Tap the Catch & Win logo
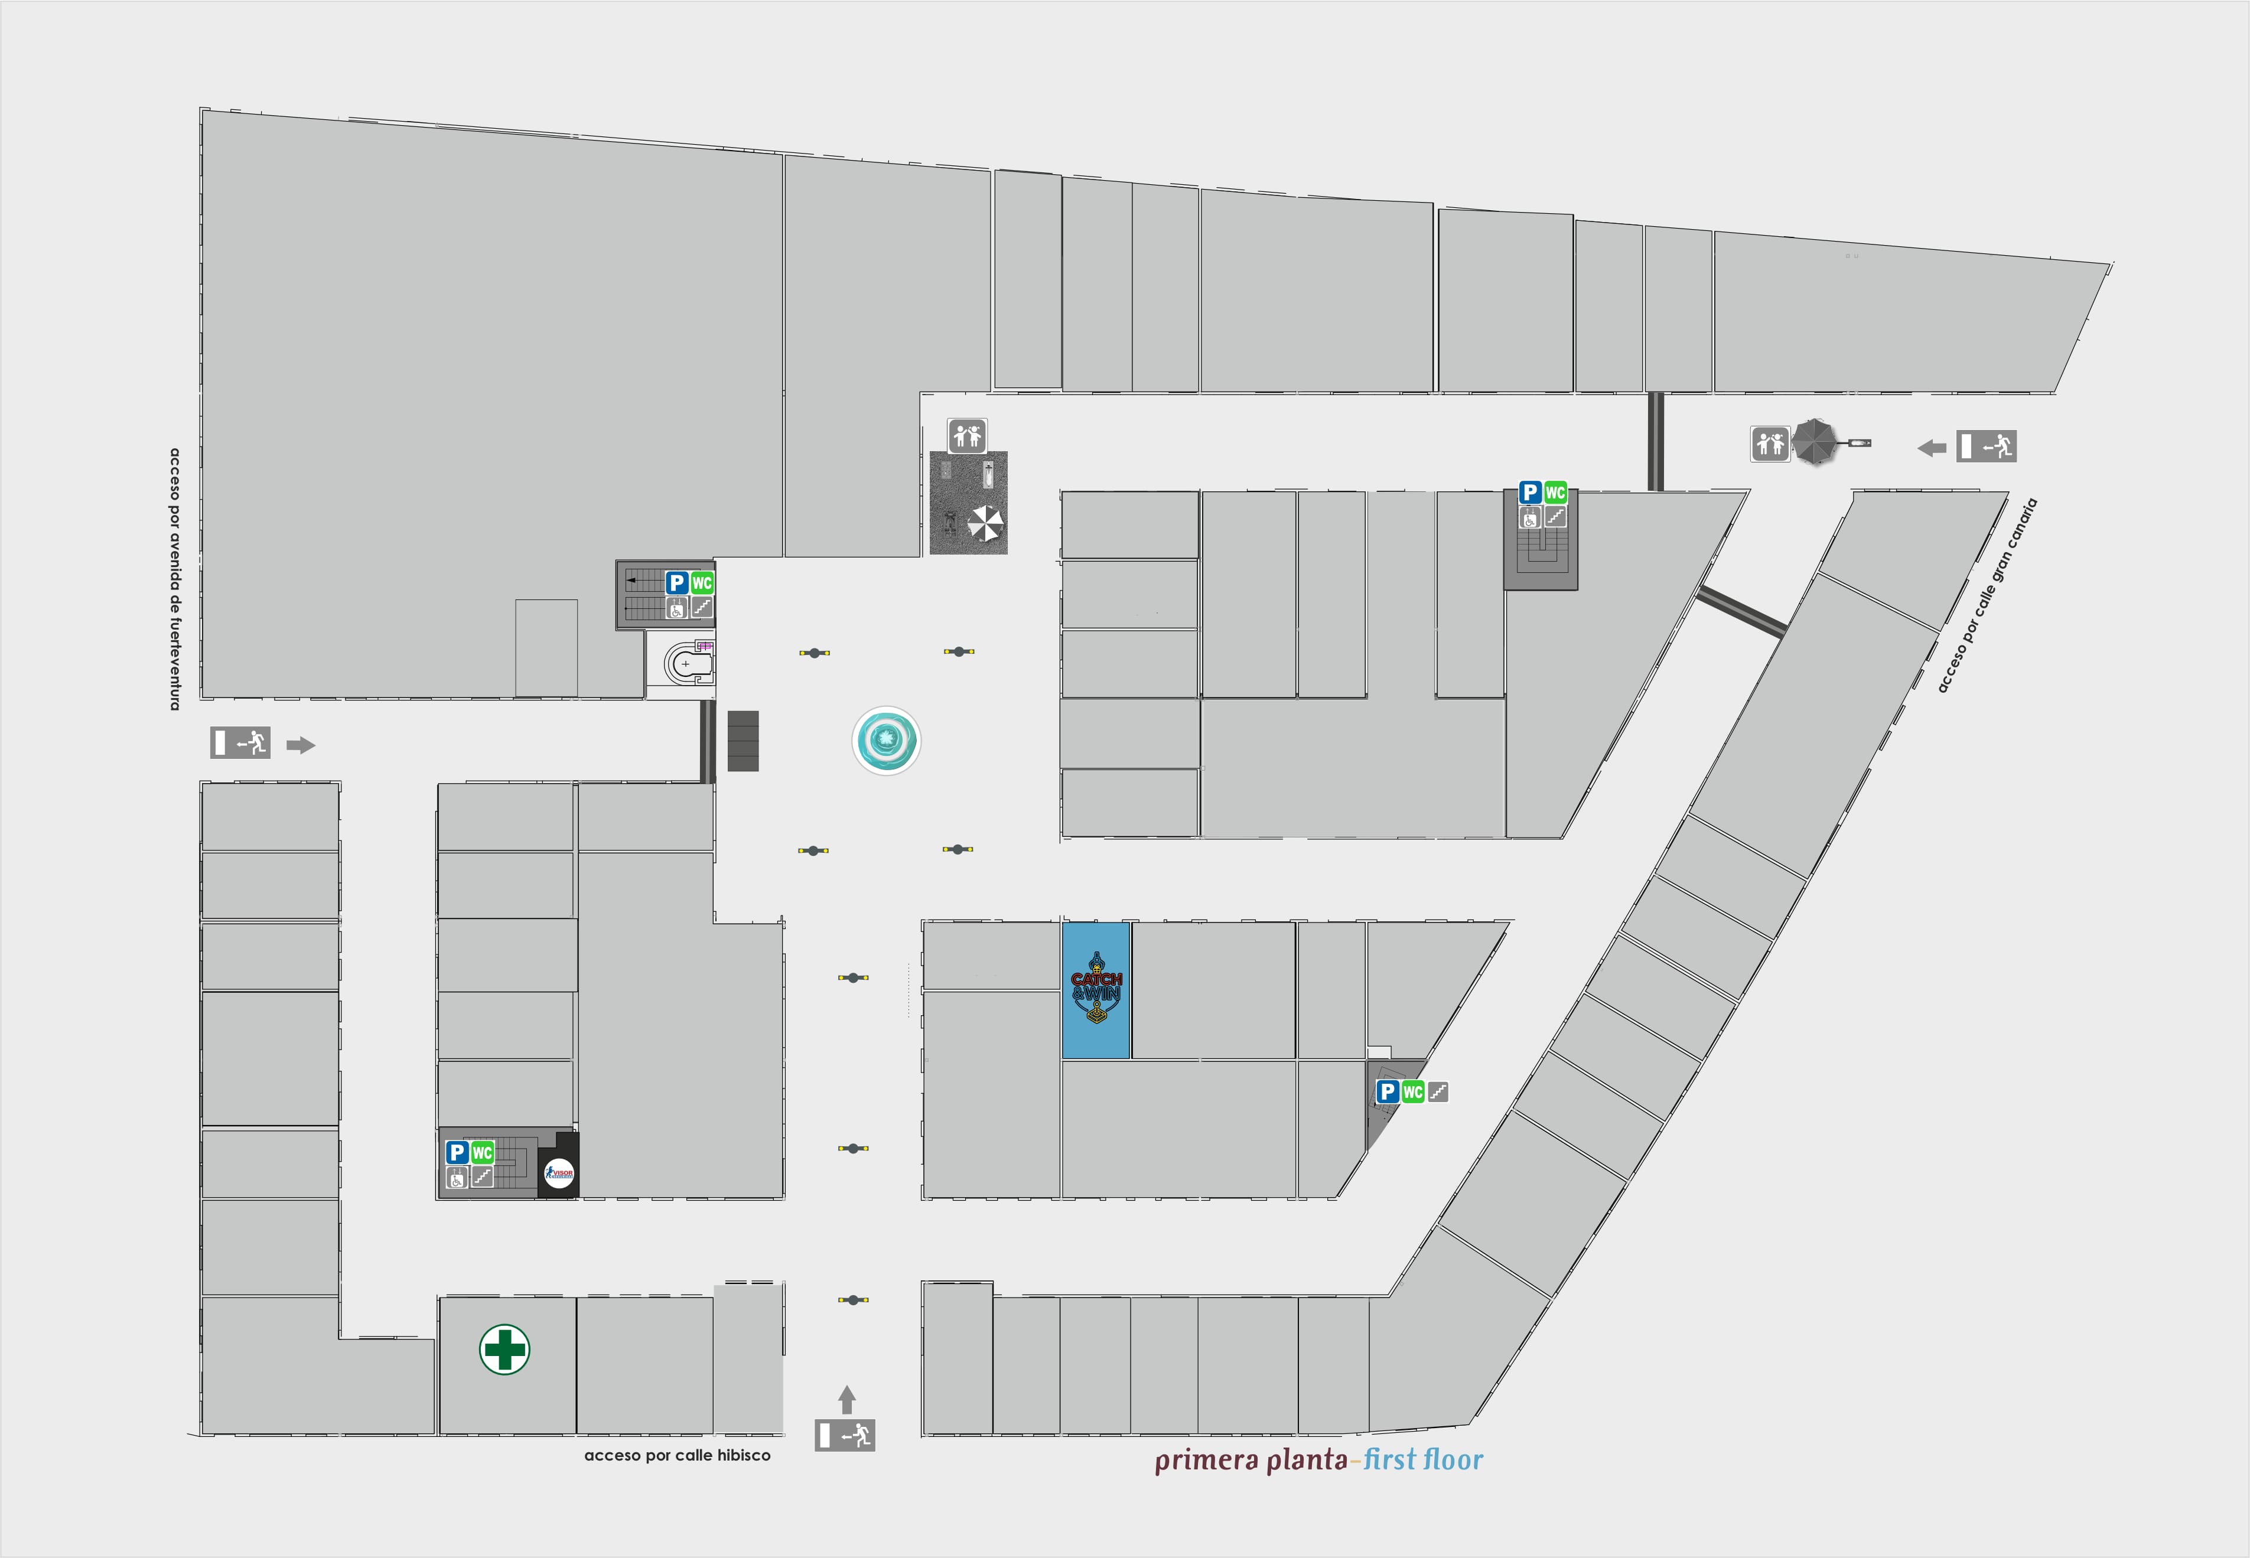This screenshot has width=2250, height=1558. tap(1096, 989)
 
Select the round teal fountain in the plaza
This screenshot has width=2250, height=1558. tap(885, 741)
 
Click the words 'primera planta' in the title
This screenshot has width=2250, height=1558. tap(1251, 1461)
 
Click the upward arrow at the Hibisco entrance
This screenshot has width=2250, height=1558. tap(846, 1399)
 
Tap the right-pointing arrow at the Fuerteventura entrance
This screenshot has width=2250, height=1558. tap(301, 746)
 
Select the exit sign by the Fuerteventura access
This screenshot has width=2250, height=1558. tap(240, 743)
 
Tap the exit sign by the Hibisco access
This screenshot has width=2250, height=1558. tap(845, 1435)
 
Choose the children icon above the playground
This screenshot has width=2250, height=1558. tap(966, 435)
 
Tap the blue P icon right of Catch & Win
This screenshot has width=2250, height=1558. tap(1387, 1091)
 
